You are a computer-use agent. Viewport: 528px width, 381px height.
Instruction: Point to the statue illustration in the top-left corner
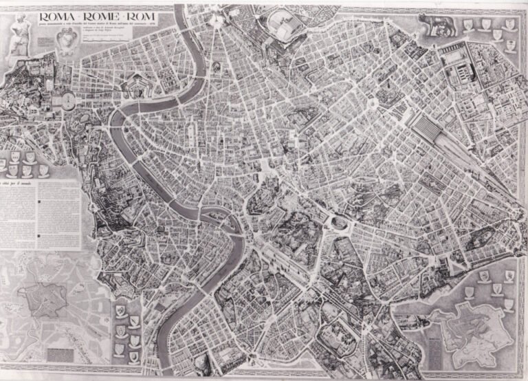(19, 32)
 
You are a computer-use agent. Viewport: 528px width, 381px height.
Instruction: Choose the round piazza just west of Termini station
(371, 103)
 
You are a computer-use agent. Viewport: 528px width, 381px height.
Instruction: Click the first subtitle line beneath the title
(110, 25)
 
